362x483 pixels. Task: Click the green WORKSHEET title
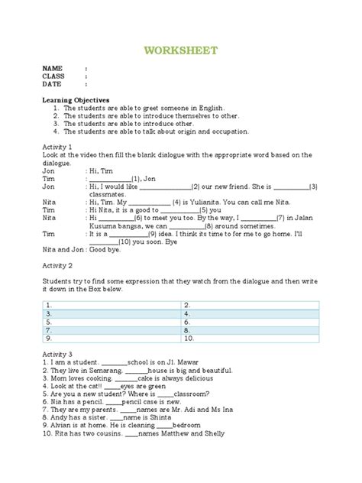180,50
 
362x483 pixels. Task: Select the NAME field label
53,68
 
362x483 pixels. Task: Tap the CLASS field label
54,76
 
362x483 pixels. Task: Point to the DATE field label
53,84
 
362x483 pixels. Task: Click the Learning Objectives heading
75,100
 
